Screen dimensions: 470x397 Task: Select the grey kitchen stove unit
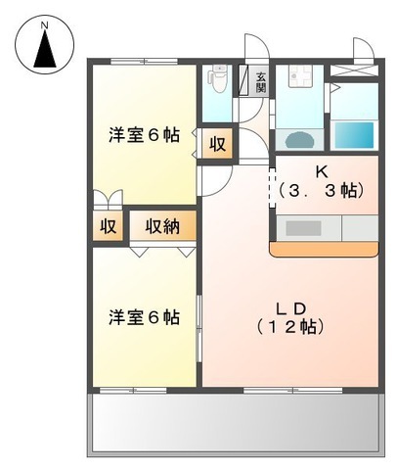pos(304,228)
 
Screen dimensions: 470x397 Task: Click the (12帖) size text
pos(291,326)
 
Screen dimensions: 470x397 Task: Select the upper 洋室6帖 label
pos(144,137)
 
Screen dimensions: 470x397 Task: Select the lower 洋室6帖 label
pos(144,317)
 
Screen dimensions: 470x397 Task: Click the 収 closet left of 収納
pos(108,226)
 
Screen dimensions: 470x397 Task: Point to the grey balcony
pos(235,423)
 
